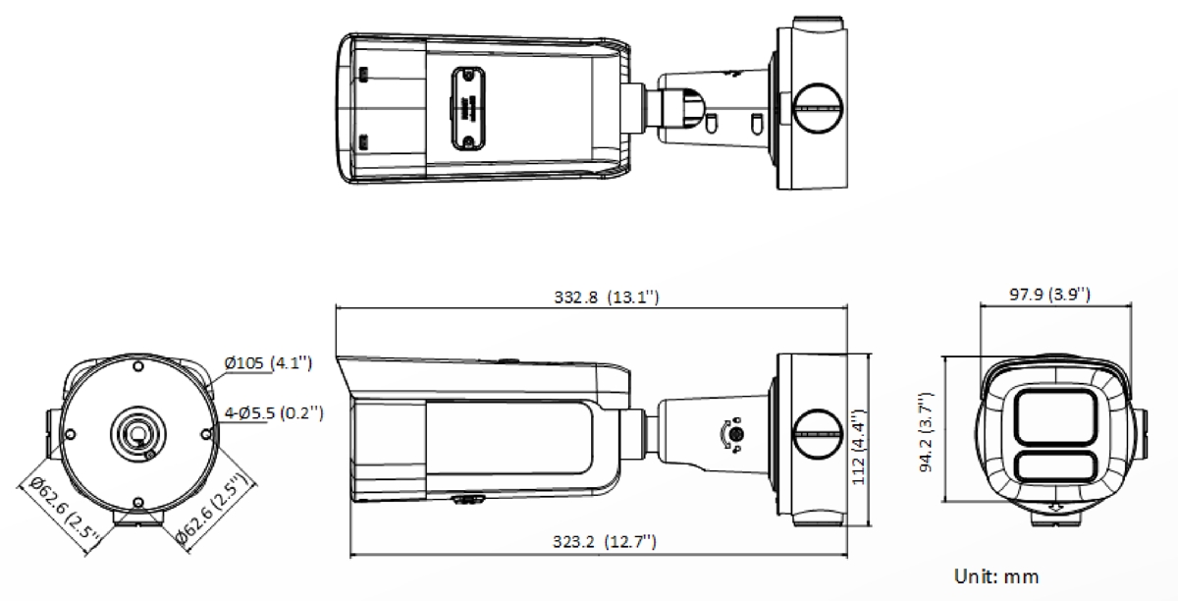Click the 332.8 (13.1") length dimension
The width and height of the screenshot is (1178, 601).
tap(607, 298)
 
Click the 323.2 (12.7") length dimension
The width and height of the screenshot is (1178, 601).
tap(605, 541)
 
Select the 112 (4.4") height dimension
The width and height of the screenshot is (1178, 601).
tap(858, 447)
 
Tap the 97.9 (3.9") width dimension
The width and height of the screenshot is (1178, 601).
tap(1049, 294)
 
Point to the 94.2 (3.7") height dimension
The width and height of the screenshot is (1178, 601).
tap(926, 432)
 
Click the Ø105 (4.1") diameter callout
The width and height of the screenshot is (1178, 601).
tap(268, 362)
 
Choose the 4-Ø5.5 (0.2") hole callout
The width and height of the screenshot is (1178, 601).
tap(274, 412)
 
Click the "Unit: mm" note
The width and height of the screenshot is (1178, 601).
tap(996, 576)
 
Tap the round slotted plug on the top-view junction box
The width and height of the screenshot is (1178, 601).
tap(818, 107)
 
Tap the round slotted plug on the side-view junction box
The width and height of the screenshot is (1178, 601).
tap(818, 434)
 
